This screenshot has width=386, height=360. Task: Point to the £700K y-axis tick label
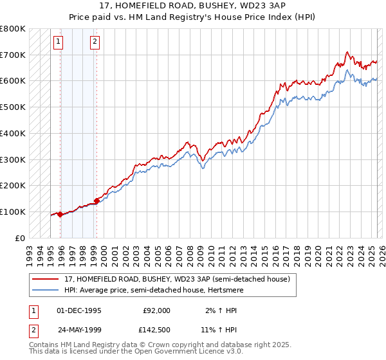pyautogui.click(x=14, y=55)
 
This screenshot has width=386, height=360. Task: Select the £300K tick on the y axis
pyautogui.click(x=14, y=159)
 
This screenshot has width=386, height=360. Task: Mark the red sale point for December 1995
pyautogui.click(x=60, y=214)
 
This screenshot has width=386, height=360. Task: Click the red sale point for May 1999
pyautogui.click(x=97, y=201)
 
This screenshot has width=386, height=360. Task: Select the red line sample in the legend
pyautogui.click(x=44, y=279)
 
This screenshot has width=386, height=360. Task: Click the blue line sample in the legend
pyautogui.click(x=44, y=290)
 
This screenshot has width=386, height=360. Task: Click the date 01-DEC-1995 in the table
pyautogui.click(x=79, y=310)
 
